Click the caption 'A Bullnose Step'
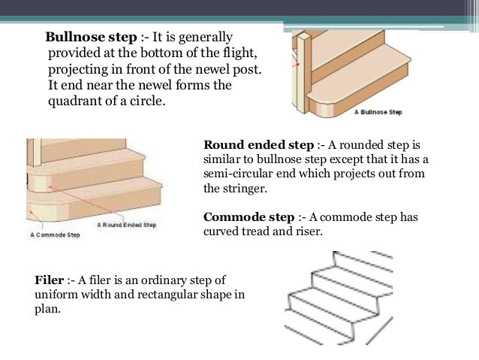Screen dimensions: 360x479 coord(378,113)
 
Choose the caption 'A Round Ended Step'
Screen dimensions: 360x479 coord(126,225)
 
